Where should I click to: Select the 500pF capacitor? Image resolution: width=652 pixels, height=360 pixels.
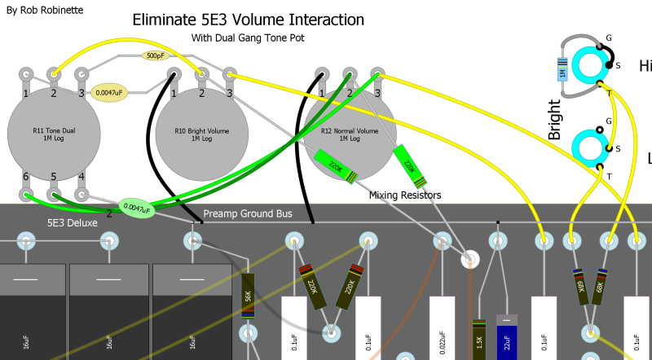pos(152,55)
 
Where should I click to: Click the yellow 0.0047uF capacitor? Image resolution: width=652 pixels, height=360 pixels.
pos(109,94)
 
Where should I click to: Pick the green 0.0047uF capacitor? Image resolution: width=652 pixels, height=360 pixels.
pos(136,209)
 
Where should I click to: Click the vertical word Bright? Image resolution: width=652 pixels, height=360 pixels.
pos(555,120)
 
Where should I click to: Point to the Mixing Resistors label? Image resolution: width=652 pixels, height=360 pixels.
pos(405,195)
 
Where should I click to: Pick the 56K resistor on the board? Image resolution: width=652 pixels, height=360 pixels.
pos(249,298)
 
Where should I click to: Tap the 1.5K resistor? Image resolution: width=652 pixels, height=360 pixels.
pos(478,337)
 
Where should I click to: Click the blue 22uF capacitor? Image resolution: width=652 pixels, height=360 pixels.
pos(507,338)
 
